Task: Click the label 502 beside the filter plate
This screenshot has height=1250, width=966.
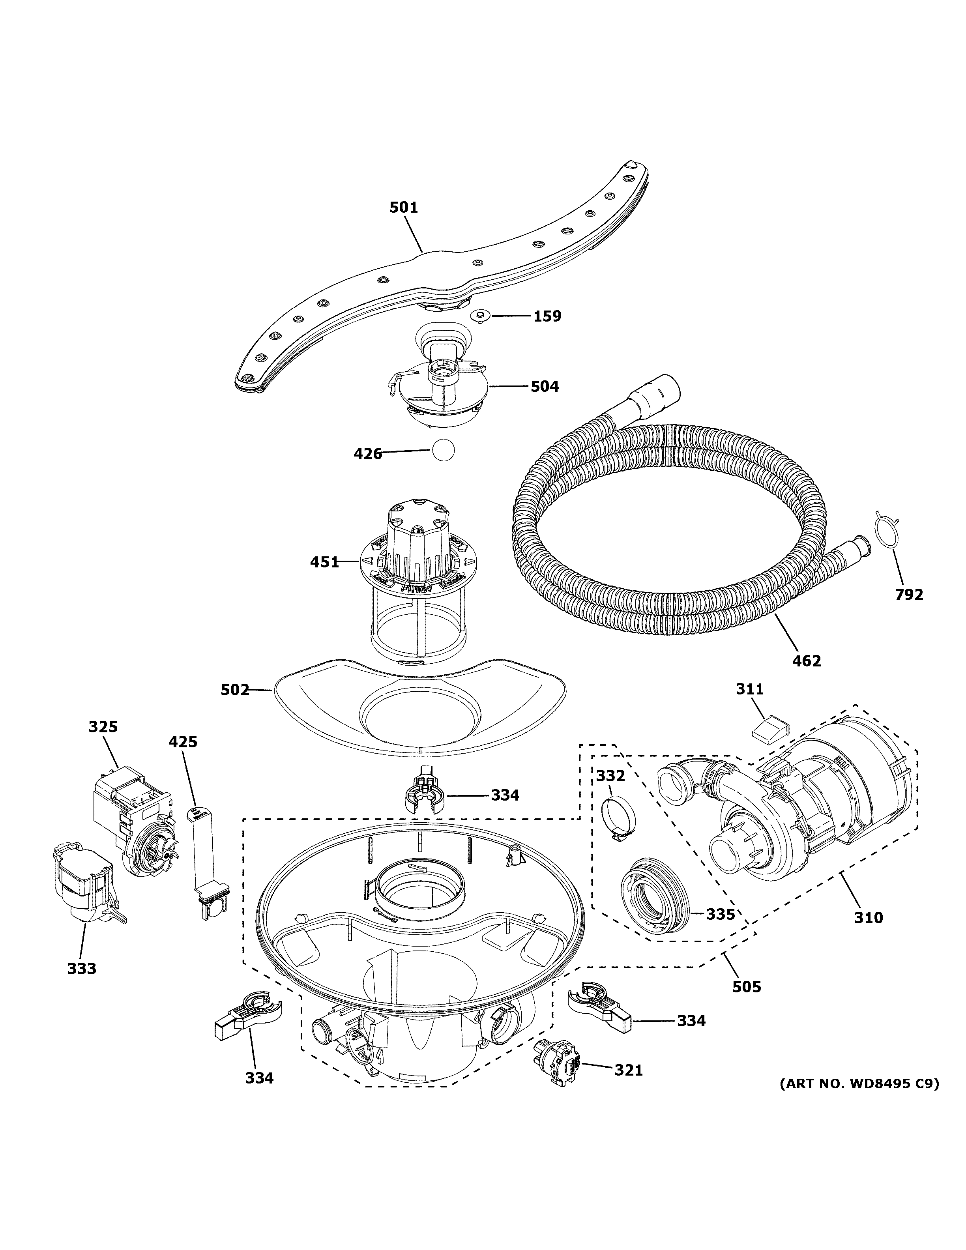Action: (x=235, y=690)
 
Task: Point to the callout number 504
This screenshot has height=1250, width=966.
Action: (x=544, y=387)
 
